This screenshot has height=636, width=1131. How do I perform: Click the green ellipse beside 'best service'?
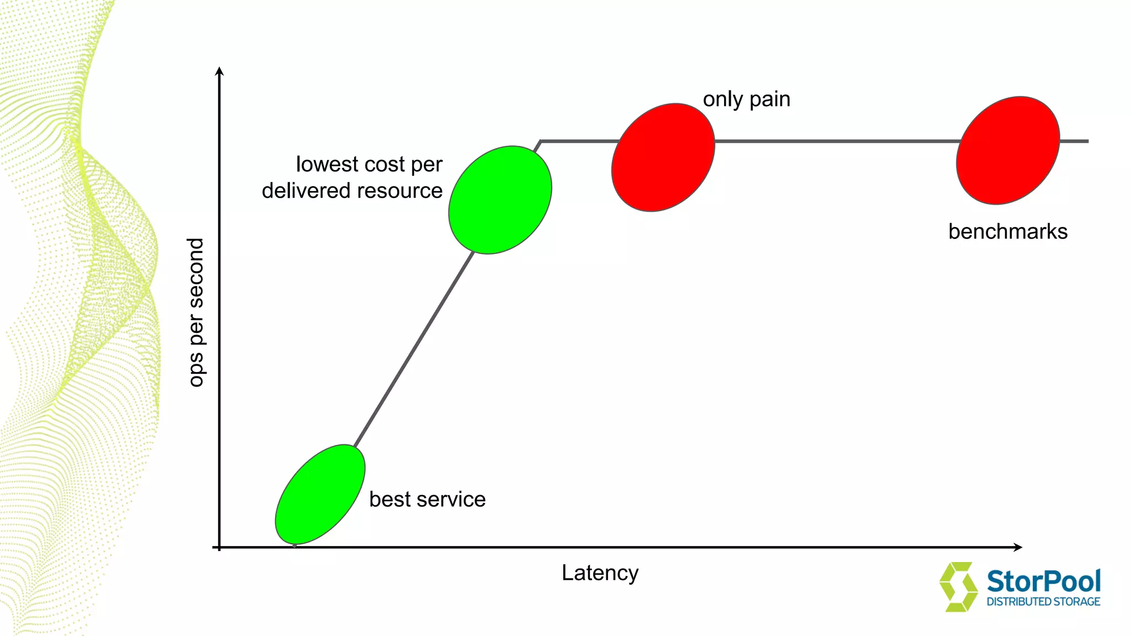(320, 494)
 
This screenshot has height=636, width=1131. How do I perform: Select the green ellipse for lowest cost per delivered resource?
(500, 200)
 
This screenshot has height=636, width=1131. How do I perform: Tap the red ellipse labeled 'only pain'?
(663, 157)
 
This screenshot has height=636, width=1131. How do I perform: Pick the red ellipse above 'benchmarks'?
(1008, 150)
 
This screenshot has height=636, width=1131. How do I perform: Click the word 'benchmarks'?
(1008, 231)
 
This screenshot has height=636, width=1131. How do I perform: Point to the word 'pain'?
(770, 100)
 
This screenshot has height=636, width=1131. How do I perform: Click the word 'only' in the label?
(723, 100)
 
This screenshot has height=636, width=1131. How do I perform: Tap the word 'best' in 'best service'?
(390, 499)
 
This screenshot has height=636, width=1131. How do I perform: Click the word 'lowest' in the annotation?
(327, 164)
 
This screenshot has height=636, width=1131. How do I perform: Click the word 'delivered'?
(306, 190)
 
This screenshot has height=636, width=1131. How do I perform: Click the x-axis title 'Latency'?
(600, 573)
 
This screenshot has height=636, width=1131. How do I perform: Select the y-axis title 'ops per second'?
(196, 312)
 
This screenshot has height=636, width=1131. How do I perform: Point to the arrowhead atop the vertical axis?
(219, 71)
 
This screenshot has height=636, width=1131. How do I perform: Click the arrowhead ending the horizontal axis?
(1018, 547)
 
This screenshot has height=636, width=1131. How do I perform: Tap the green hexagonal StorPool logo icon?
(958, 587)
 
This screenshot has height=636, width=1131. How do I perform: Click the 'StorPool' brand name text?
(1043, 581)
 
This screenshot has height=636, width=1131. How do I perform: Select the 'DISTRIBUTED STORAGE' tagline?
(1043, 602)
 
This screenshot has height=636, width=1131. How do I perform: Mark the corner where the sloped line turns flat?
(541, 141)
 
